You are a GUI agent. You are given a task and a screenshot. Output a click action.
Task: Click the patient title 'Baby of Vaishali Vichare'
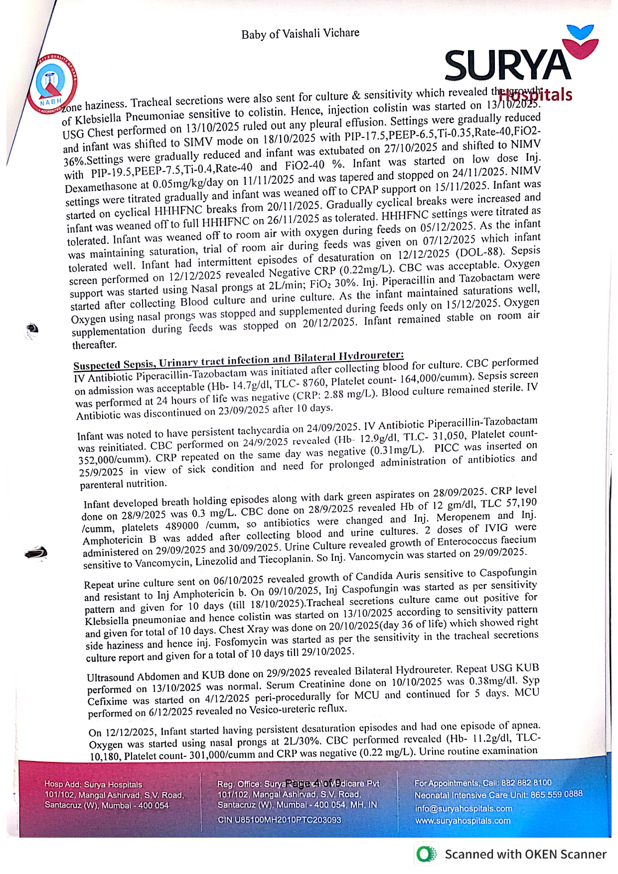pos(300,34)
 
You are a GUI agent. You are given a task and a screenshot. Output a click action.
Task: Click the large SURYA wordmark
pos(508,65)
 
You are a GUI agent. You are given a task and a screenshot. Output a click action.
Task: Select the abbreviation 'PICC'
pos(446,448)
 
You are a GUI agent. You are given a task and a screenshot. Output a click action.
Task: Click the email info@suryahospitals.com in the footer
pos(463,808)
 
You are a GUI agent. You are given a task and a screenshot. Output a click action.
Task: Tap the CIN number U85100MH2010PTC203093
pos(280,820)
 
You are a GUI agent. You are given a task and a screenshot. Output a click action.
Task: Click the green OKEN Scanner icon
pos(426,855)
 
